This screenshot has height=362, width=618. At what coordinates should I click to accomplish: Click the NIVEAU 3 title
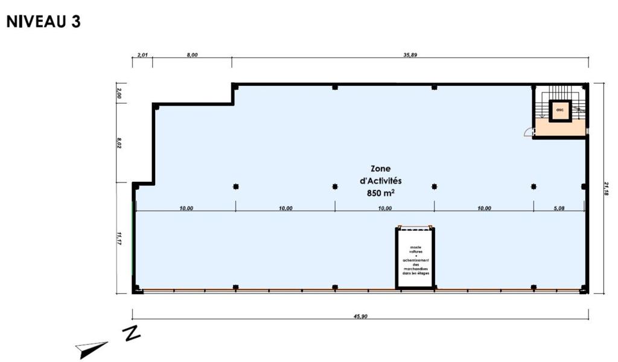43,22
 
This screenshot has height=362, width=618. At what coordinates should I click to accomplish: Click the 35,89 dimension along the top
410,55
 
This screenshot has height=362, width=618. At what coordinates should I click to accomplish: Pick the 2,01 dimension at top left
142,55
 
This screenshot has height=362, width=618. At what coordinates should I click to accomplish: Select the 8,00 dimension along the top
192,55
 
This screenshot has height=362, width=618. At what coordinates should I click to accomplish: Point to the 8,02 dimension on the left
119,143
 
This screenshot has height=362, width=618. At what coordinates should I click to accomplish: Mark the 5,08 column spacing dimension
559,208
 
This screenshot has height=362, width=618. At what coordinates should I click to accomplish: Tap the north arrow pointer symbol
91,349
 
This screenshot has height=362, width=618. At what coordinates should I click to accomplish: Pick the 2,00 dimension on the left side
119,93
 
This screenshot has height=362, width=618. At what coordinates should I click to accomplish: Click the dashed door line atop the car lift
415,228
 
